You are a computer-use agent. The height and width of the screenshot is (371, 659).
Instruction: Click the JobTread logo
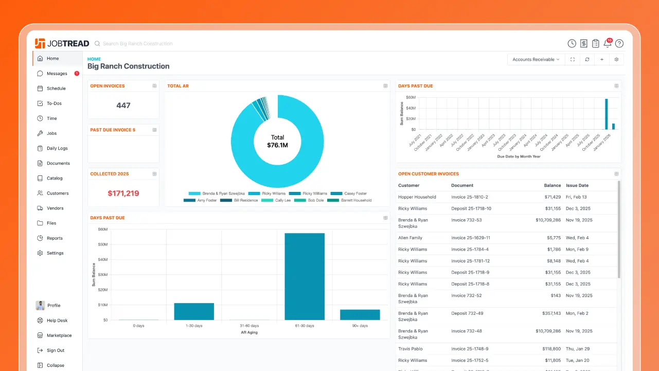pyautogui.click(x=62, y=44)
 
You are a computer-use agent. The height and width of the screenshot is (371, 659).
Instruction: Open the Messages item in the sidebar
pyautogui.click(x=57, y=74)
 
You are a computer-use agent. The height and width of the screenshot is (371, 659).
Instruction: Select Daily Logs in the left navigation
pyautogui.click(x=57, y=148)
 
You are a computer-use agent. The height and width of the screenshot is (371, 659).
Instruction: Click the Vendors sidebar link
pyautogui.click(x=55, y=208)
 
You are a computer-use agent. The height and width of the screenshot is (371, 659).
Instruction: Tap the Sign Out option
pyautogui.click(x=55, y=350)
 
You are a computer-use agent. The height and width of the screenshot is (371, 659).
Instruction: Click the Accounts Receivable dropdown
pyautogui.click(x=536, y=60)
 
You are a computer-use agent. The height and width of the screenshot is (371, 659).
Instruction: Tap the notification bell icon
pyautogui.click(x=608, y=44)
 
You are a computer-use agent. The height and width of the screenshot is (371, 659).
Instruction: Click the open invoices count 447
pyautogui.click(x=123, y=105)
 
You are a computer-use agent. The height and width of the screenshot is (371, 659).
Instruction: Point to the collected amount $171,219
pyautogui.click(x=123, y=193)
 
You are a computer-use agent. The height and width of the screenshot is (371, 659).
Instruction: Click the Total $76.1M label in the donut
pyautogui.click(x=277, y=142)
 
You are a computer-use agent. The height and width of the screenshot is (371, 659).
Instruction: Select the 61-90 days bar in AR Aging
pyautogui.click(x=305, y=276)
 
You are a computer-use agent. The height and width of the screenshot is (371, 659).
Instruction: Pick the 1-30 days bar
pyautogui.click(x=194, y=311)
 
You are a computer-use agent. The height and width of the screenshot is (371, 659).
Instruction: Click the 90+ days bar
pyautogui.click(x=360, y=314)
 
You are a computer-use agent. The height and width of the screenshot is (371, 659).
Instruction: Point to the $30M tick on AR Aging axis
pyautogui.click(x=102, y=274)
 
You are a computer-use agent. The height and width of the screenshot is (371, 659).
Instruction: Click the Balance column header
pyautogui.click(x=552, y=185)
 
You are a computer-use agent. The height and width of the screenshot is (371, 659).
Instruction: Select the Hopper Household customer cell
pyautogui.click(x=417, y=197)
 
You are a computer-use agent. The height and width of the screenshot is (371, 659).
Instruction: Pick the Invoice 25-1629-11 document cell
pyautogui.click(x=470, y=238)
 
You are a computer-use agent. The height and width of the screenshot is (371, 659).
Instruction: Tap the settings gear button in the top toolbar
pyautogui.click(x=616, y=60)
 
